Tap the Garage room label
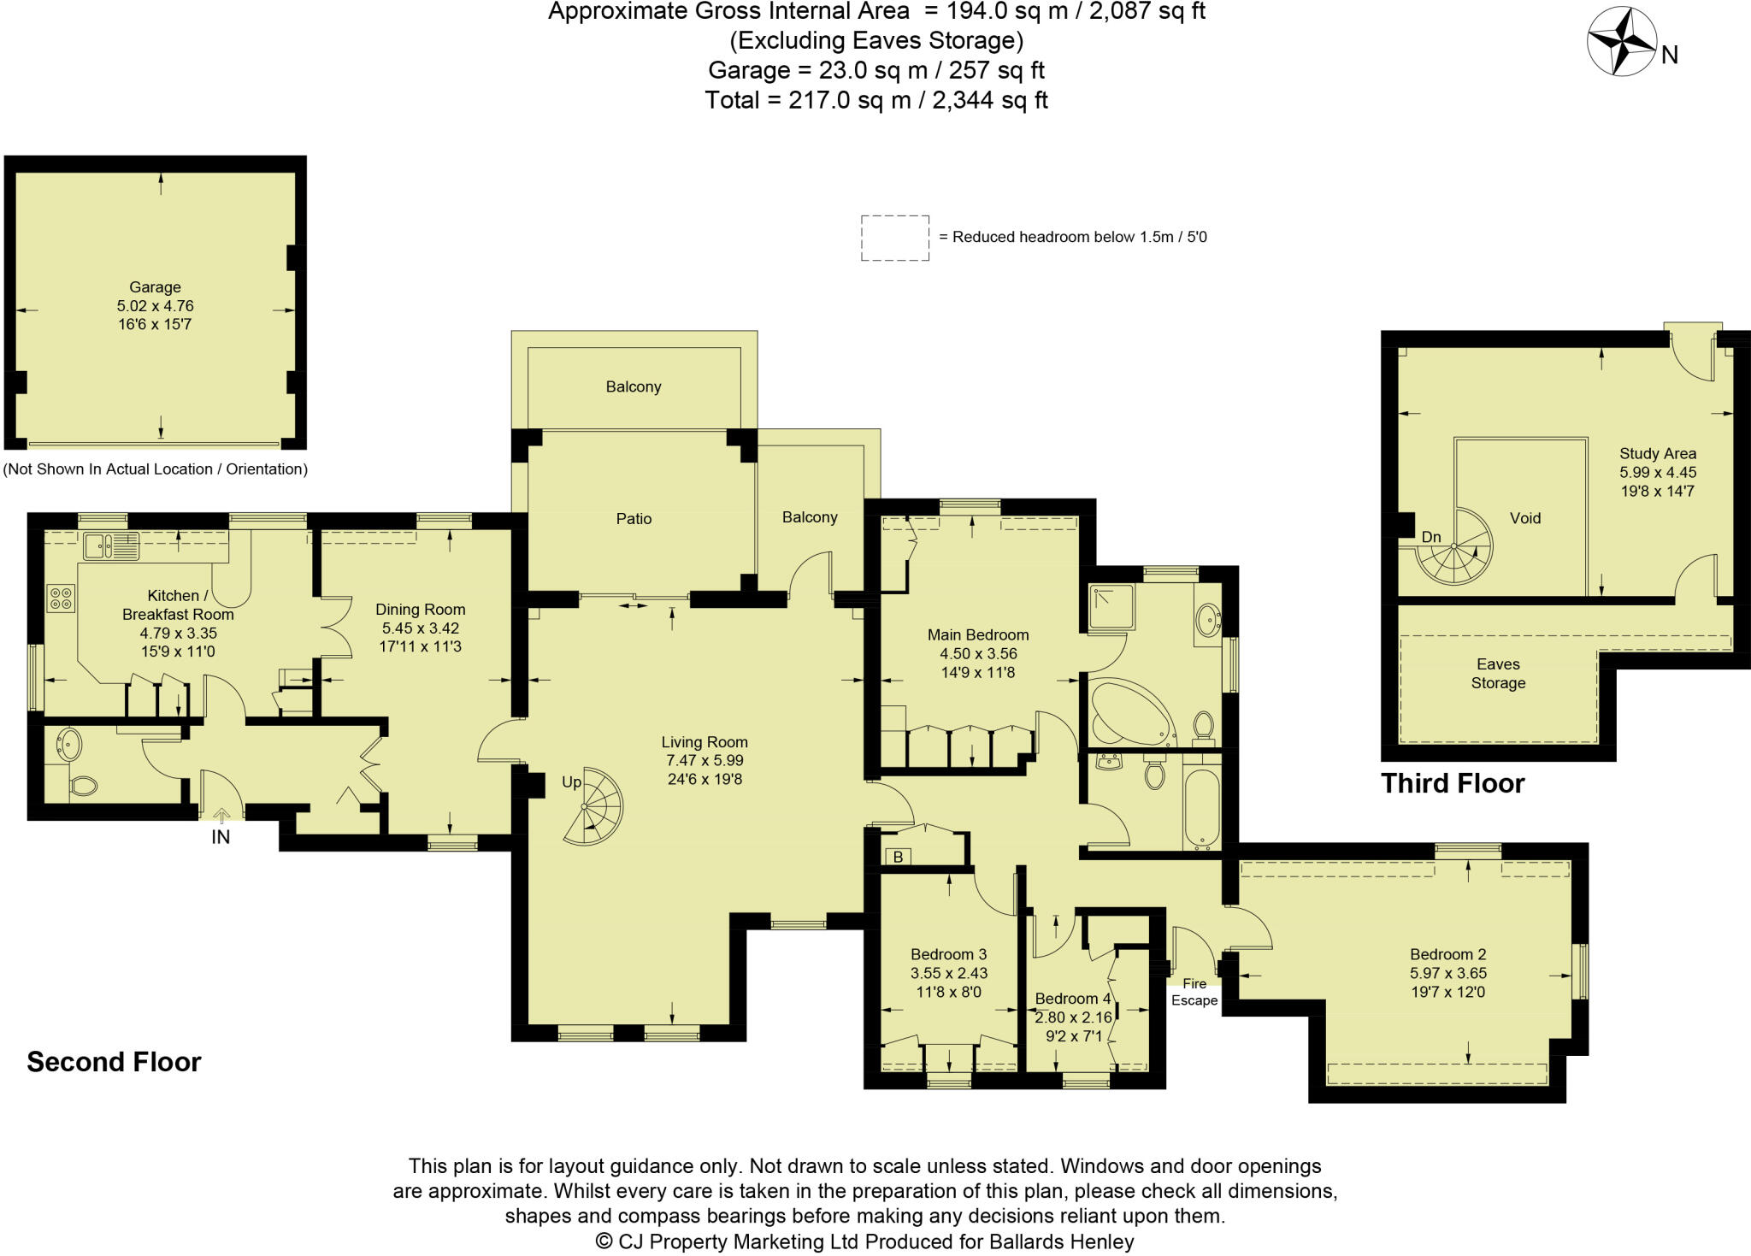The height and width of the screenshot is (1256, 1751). pos(155,287)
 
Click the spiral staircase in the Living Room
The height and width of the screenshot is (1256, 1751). pos(593,806)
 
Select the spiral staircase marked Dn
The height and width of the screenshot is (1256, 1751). pos(1454,548)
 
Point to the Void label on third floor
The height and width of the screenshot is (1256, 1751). pos(1524,518)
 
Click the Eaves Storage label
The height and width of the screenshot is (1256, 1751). pos(1498,674)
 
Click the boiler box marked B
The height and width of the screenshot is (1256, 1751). pos(898,857)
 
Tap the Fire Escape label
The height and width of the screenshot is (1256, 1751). pos(1194,992)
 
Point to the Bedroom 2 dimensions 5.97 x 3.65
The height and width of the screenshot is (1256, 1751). pos(1447,973)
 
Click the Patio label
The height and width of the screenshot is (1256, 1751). pos(634,519)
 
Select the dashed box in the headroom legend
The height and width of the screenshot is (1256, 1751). pos(894,238)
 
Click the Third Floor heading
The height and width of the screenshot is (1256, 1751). pos(1453,783)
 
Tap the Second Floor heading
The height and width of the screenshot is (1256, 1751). pos(114,1062)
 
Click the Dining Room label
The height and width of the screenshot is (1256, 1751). pos(420,610)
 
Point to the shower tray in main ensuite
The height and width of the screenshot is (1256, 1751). pos(1111,607)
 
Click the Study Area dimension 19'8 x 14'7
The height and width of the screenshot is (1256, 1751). pos(1657,491)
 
